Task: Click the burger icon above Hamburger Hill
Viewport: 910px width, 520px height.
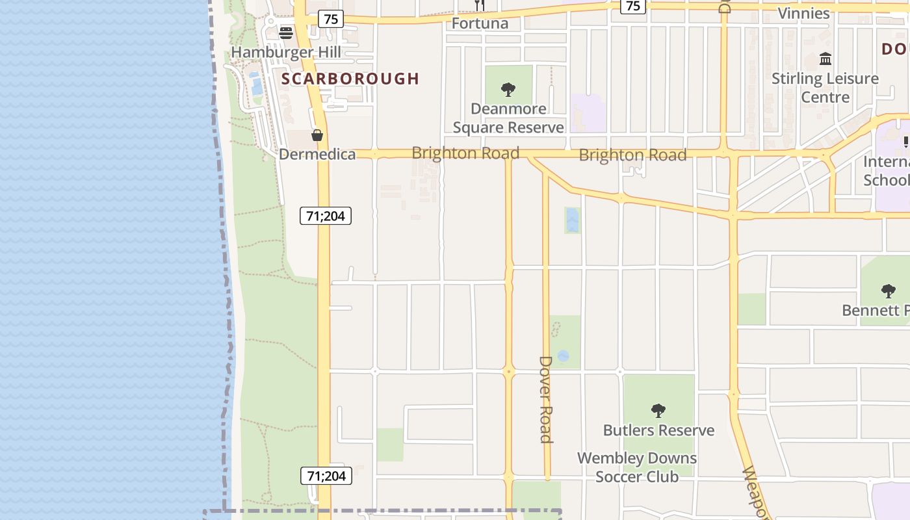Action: click(x=286, y=32)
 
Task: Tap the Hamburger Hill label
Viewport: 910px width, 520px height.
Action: click(x=285, y=52)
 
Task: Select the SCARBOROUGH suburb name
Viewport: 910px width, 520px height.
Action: click(x=350, y=79)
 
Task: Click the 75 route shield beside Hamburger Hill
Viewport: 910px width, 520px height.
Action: click(x=331, y=19)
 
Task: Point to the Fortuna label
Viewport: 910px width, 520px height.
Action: click(x=480, y=24)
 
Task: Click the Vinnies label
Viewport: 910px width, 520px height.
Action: click(x=803, y=13)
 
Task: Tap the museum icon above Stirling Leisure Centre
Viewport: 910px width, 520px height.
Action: click(x=825, y=59)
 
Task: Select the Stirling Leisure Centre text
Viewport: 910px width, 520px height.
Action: click(x=825, y=88)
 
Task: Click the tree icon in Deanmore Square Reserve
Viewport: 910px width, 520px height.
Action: click(x=508, y=90)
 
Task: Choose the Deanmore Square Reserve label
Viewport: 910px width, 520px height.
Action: click(x=508, y=118)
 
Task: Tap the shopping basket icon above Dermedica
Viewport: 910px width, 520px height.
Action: click(x=317, y=135)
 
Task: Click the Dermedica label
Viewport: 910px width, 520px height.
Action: click(x=317, y=154)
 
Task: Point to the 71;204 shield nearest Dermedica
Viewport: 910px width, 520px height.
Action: click(x=326, y=216)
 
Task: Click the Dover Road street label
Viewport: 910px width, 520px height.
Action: click(x=546, y=398)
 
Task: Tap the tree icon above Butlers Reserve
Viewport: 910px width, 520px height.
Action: click(x=658, y=410)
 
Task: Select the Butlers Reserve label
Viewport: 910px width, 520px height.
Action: click(x=658, y=430)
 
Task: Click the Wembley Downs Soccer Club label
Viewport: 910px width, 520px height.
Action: click(x=637, y=467)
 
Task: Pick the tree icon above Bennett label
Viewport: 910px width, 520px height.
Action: click(x=888, y=291)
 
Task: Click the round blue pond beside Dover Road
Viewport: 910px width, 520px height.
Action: click(x=563, y=356)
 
